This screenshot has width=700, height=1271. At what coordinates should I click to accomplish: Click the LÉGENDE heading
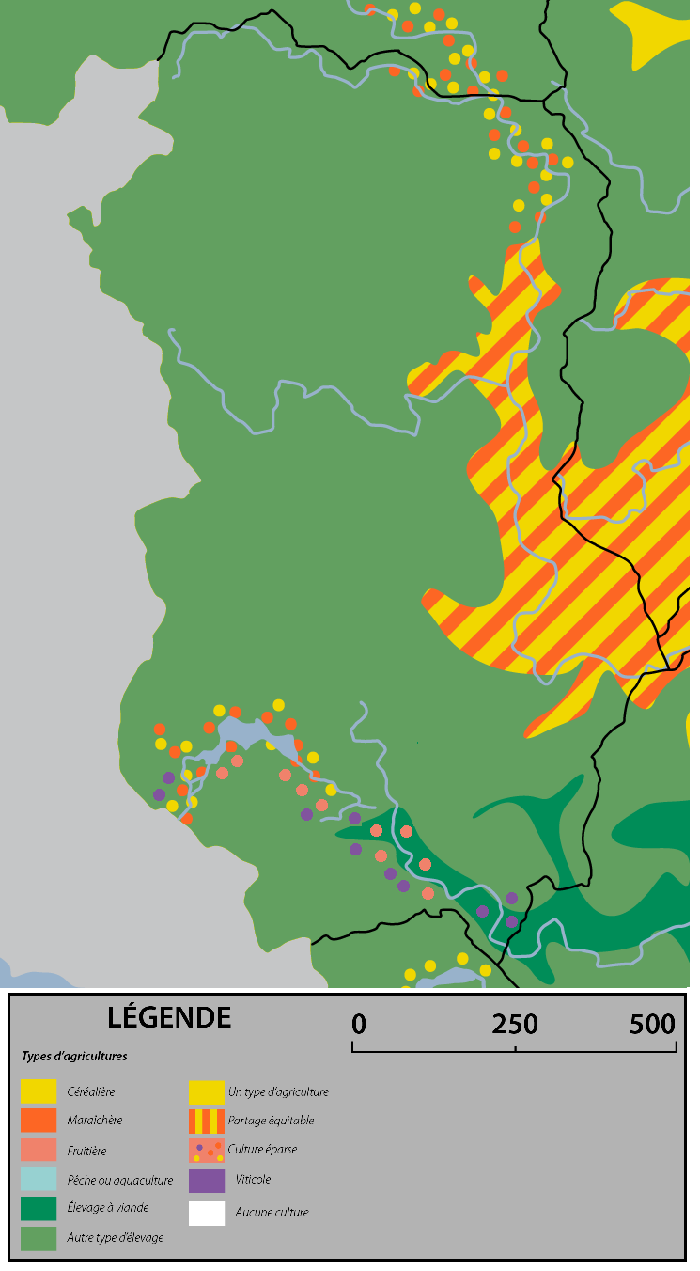click(x=169, y=1017)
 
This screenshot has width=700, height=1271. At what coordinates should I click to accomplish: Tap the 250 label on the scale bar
click(x=515, y=1024)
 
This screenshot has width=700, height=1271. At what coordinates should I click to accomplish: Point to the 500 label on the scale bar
click(x=652, y=1024)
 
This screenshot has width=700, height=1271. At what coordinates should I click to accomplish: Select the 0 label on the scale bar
click(x=359, y=1024)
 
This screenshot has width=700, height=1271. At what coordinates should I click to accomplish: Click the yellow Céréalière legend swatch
click(x=39, y=1092)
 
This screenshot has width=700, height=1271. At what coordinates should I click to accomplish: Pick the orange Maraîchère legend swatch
click(x=39, y=1121)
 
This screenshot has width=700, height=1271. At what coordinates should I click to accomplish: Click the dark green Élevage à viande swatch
click(x=39, y=1209)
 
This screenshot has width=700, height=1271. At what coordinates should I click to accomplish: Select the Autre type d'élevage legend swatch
click(x=39, y=1238)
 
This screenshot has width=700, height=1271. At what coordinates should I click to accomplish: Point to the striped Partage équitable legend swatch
click(x=207, y=1121)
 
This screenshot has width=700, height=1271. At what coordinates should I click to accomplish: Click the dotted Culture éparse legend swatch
click(x=207, y=1151)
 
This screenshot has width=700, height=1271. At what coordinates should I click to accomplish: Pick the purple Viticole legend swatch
click(x=207, y=1180)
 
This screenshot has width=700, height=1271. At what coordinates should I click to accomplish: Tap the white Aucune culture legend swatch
click(x=207, y=1213)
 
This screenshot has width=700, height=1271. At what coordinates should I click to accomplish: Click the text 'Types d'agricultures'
click(x=74, y=1057)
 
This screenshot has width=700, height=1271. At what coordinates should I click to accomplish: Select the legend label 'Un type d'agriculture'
click(x=278, y=1092)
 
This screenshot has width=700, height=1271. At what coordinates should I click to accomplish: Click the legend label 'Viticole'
click(x=254, y=1180)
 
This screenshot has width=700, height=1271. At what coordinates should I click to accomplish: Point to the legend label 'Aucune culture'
click(x=272, y=1213)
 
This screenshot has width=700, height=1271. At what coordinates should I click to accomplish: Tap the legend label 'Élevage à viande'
click(x=107, y=1209)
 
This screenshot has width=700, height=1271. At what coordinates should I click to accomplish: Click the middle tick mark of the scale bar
click(x=515, y=1047)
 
